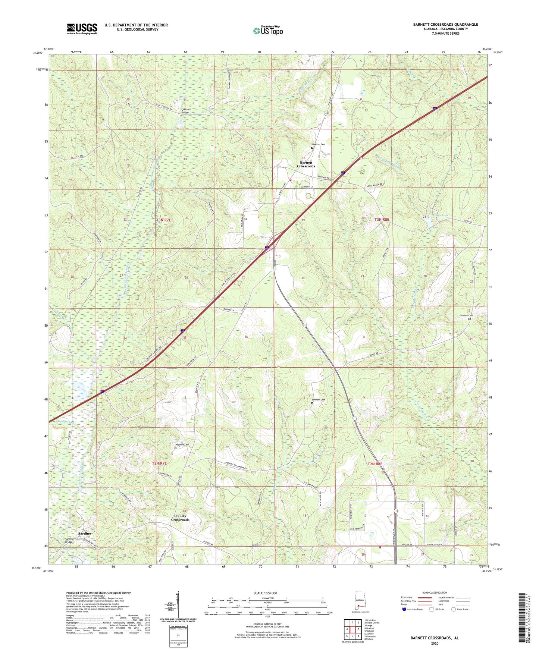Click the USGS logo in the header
pos(82,29)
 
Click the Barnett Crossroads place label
pos(306,164)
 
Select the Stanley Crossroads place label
pos(180,518)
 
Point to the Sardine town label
pos(84,534)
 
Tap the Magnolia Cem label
pos(182,444)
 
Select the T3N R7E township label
pos(163,220)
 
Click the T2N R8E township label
pos(375,464)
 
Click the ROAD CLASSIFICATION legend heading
pos(434,592)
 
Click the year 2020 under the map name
pos(435,643)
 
